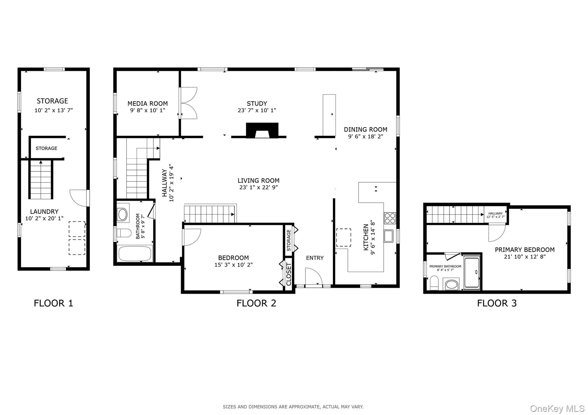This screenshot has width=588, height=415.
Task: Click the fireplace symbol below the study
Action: [262, 131]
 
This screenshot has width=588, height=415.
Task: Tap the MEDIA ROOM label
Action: [148, 103]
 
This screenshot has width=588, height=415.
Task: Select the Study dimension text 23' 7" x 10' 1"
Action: [257, 110]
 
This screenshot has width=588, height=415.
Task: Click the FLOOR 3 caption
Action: [497, 303]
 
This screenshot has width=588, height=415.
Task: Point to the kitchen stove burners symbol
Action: [390, 218]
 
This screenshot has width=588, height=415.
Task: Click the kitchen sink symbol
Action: [389, 236]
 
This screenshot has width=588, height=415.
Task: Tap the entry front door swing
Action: [313, 277]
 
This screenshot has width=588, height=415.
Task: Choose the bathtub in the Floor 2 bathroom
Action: [135, 254]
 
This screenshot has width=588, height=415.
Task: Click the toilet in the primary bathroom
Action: [434, 283]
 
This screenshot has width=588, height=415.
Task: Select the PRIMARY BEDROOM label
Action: [525, 250]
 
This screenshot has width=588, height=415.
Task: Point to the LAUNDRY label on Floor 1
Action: [44, 212]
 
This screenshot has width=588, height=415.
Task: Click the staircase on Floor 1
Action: [41, 180]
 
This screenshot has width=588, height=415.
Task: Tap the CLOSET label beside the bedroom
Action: [289, 274]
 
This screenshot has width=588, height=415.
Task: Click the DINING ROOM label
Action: [365, 130]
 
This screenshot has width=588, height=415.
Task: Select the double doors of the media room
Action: [188, 103]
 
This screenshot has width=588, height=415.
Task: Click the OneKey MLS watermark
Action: [557, 408]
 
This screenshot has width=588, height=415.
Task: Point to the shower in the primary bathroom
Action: [472, 272]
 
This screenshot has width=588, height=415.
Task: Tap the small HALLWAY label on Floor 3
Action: [496, 213]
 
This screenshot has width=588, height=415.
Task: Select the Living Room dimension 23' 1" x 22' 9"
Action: [258, 188]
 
